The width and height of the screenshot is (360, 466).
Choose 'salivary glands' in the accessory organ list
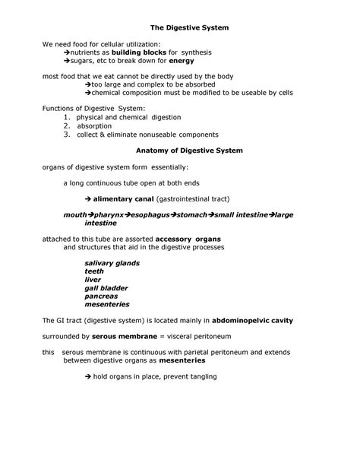point(112,263)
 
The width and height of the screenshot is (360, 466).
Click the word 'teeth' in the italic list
point(94,271)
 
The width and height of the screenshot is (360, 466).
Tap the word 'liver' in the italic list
point(93,280)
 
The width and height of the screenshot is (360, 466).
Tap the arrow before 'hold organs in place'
point(88,377)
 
